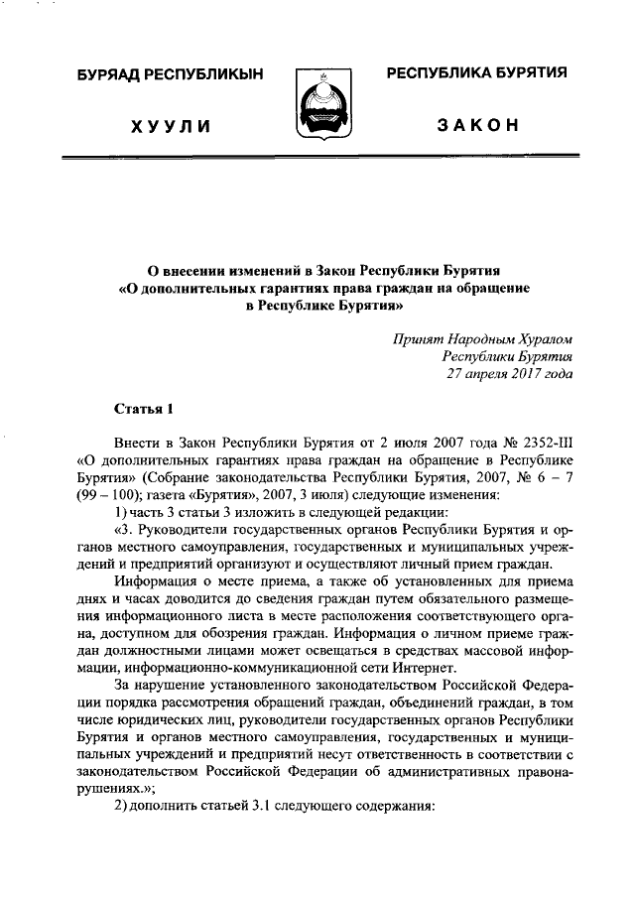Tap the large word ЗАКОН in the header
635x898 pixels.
478,127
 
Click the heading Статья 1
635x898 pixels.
144,407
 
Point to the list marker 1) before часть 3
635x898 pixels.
120,512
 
